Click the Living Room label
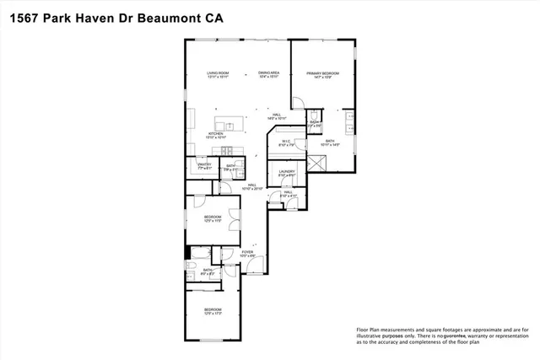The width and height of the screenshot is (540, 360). [219, 73]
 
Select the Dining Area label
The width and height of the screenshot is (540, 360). [268, 73]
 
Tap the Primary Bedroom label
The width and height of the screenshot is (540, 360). [322, 74]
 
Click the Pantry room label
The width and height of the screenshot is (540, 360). [204, 164]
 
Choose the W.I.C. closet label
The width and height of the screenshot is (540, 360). [287, 142]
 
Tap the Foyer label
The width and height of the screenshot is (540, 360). [247, 251]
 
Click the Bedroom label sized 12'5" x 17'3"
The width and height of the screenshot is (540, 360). [213, 309]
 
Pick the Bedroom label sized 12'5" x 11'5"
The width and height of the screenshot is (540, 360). [213, 217]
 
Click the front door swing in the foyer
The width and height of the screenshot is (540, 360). [261, 265]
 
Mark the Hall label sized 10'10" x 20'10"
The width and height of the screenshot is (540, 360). [252, 185]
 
